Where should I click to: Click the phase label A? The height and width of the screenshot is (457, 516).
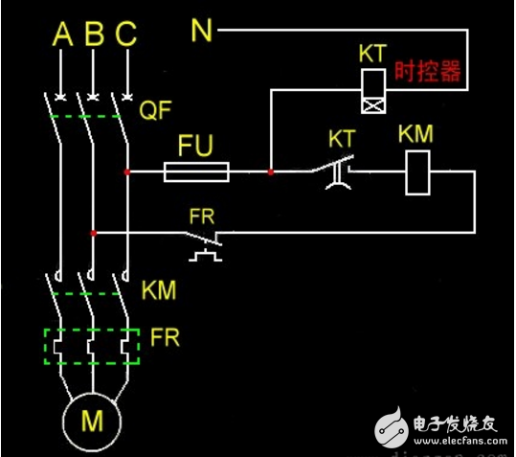[62, 35]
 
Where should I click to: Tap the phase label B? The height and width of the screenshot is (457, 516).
[94, 35]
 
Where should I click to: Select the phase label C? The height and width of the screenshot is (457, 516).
[125, 35]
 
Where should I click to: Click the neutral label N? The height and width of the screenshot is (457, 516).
[201, 32]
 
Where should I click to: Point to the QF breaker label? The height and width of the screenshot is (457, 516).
[157, 107]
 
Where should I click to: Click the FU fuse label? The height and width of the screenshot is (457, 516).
[195, 146]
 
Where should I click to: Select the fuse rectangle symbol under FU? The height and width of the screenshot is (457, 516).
[195, 172]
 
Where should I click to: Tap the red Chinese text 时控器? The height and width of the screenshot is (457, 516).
[428, 73]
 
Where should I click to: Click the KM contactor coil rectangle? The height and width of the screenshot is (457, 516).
[416, 172]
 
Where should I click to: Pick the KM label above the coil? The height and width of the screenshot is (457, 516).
[416, 135]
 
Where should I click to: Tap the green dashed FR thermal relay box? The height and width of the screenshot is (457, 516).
[93, 346]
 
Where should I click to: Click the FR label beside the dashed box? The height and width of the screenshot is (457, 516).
[165, 338]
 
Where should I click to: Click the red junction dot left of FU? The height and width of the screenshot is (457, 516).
[126, 172]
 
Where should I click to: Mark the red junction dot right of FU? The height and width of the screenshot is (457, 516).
[271, 172]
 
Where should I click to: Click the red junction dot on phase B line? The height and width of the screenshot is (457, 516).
[93, 232]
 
